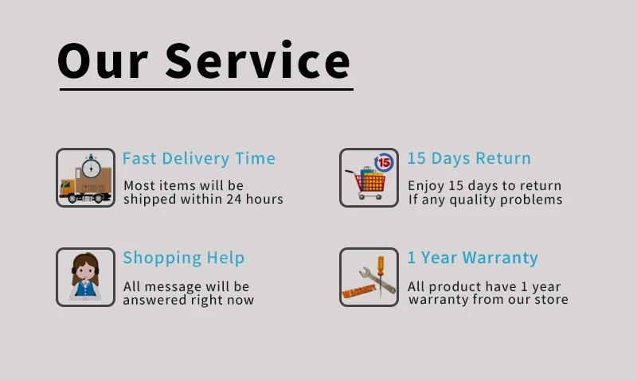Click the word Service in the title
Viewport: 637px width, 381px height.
(257, 60)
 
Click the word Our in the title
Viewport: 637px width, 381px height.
(103, 61)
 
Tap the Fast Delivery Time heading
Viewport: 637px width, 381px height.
(198, 158)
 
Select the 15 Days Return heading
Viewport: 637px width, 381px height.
(469, 158)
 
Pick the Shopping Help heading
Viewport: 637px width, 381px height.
(184, 258)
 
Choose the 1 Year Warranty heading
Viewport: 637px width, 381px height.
(472, 258)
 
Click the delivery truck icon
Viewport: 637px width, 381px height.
(85, 177)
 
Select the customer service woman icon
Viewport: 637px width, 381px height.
(85, 277)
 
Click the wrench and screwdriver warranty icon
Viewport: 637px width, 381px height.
(369, 277)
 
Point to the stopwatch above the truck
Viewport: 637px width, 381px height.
(91, 166)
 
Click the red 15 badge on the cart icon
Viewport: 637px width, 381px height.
(384, 163)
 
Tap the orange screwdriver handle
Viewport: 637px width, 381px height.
(381, 266)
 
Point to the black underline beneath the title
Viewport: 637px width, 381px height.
(206, 89)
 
